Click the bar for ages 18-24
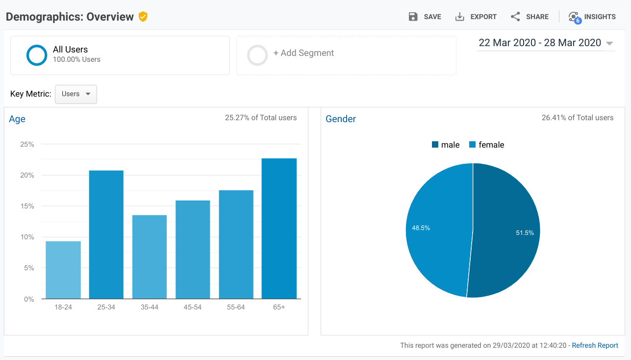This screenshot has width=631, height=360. pyautogui.click(x=63, y=270)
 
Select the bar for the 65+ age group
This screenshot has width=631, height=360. pyautogui.click(x=279, y=229)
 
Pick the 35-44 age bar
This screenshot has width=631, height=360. pyautogui.click(x=150, y=257)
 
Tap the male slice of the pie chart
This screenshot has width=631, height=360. pyautogui.click(x=504, y=231)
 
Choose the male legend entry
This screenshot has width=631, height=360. pyautogui.click(x=446, y=145)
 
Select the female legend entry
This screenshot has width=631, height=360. pyautogui.click(x=486, y=145)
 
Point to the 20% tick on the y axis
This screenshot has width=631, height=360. pyautogui.click(x=27, y=175)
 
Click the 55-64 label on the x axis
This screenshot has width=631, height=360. pyautogui.click(x=236, y=307)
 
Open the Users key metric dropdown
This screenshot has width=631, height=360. pyautogui.click(x=76, y=94)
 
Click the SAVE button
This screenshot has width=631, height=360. pyautogui.click(x=425, y=17)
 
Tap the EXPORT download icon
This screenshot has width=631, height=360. pyautogui.click(x=460, y=17)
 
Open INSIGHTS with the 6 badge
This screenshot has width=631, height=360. pyautogui.click(x=592, y=17)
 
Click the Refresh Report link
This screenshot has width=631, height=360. pyautogui.click(x=595, y=345)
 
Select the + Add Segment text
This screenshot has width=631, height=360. pyautogui.click(x=303, y=53)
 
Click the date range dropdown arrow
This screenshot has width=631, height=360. pyautogui.click(x=609, y=43)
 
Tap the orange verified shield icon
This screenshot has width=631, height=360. pyautogui.click(x=143, y=17)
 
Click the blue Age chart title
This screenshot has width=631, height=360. pyautogui.click(x=17, y=119)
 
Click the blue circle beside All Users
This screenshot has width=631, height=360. pyautogui.click(x=37, y=55)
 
